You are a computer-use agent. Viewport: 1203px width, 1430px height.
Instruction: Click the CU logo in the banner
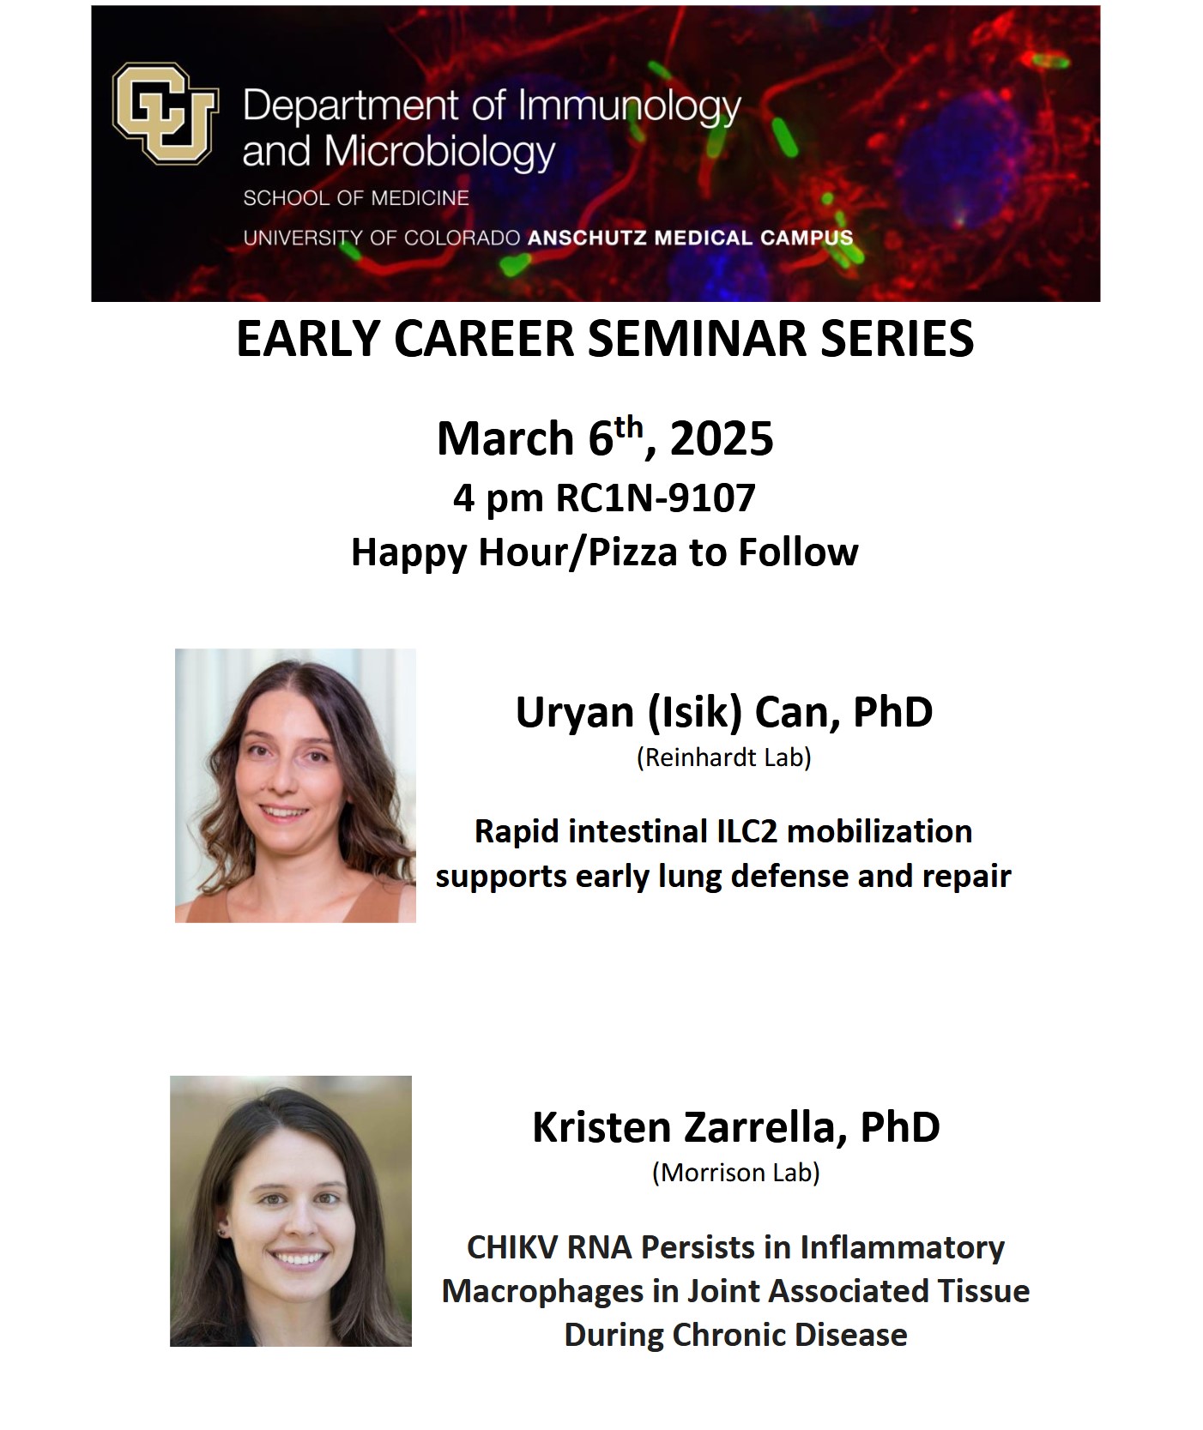point(165,113)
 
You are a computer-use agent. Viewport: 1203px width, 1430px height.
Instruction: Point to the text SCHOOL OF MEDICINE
point(356,198)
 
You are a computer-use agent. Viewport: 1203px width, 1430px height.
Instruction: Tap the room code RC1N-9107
point(656,498)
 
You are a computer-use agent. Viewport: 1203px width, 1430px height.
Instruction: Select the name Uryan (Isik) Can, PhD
point(723,712)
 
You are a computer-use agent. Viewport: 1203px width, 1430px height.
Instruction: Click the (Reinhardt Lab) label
point(723,757)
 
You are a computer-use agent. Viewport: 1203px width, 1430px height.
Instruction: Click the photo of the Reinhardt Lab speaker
point(295,785)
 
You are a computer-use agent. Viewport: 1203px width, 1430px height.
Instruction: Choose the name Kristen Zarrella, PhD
point(735,1126)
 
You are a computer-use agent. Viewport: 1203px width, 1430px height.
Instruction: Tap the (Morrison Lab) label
point(735,1172)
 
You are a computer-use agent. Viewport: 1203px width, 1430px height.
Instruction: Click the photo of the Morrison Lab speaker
point(291,1210)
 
